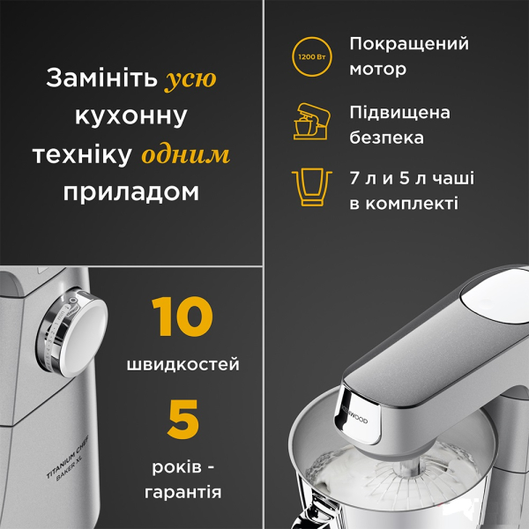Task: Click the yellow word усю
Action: click(190, 79)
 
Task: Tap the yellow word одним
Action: click(186, 155)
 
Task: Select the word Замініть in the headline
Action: click(102, 78)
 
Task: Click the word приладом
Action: click(130, 192)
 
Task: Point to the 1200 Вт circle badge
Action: click(312, 56)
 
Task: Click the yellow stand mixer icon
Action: click(311, 122)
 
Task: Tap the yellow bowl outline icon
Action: click(312, 187)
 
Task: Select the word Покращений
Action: click(409, 44)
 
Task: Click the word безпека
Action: click(386, 138)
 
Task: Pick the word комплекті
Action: click(412, 204)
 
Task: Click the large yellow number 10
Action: click(183, 317)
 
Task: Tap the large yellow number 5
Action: click(183, 419)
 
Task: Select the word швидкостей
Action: click(183, 365)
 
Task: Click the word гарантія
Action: click(183, 492)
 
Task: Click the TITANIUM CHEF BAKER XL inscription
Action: click(68, 458)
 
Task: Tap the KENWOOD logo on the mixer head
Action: click(355, 415)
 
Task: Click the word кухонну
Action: click(130, 116)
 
